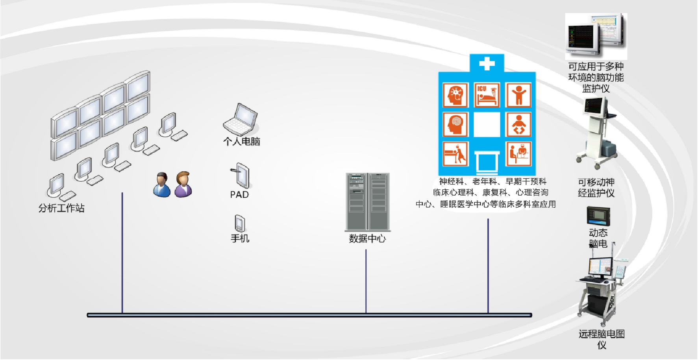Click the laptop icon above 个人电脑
(240, 120)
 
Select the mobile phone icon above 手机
(239, 223)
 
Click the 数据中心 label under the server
(367, 238)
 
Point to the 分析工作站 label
(61, 208)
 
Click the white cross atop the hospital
(487, 63)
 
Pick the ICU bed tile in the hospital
(487, 95)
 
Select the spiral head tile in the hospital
(455, 124)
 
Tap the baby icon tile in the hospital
(518, 124)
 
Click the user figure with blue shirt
(161, 185)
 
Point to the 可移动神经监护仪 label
(596, 187)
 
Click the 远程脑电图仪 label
(602, 339)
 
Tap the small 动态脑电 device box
(598, 216)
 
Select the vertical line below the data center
(366, 281)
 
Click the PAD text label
(239, 194)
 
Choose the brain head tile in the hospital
(455, 95)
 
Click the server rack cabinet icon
(367, 201)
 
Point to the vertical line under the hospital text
(488, 266)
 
